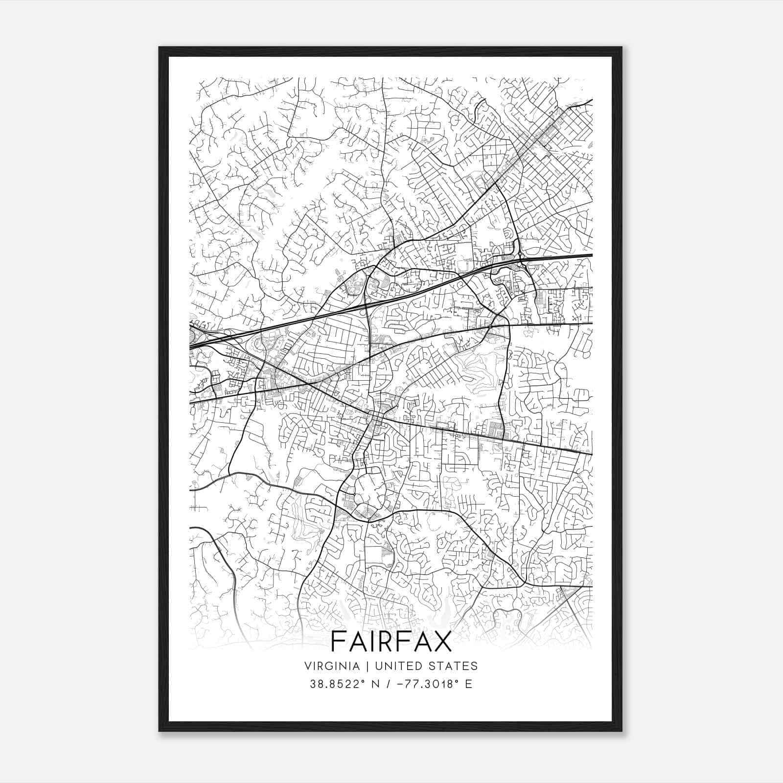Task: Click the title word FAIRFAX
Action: (x=391, y=641)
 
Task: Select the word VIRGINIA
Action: (x=327, y=666)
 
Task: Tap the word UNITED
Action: (x=390, y=666)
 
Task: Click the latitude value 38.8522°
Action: (x=334, y=684)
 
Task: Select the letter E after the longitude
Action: (x=469, y=684)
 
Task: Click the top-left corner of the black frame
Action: (x=160, y=48)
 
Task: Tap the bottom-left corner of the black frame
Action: (x=160, y=731)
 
